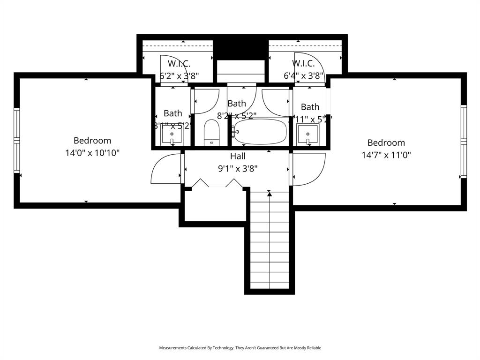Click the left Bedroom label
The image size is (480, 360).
(x=92, y=140)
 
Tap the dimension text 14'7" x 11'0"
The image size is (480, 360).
(x=386, y=155)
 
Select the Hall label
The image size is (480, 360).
(x=238, y=156)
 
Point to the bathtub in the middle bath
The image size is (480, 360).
(x=260, y=132)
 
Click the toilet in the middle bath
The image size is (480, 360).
(x=212, y=133)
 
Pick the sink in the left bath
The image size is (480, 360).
(x=172, y=136)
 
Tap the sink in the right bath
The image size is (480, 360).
(x=308, y=135)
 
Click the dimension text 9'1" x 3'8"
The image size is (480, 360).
(x=238, y=169)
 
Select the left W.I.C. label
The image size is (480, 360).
(x=179, y=63)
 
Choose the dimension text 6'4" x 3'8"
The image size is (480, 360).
(x=304, y=75)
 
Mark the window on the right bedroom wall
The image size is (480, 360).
(x=464, y=141)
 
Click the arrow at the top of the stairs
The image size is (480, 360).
(x=269, y=193)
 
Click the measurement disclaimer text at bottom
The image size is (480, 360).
(x=240, y=348)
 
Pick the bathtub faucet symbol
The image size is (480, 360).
(x=234, y=132)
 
